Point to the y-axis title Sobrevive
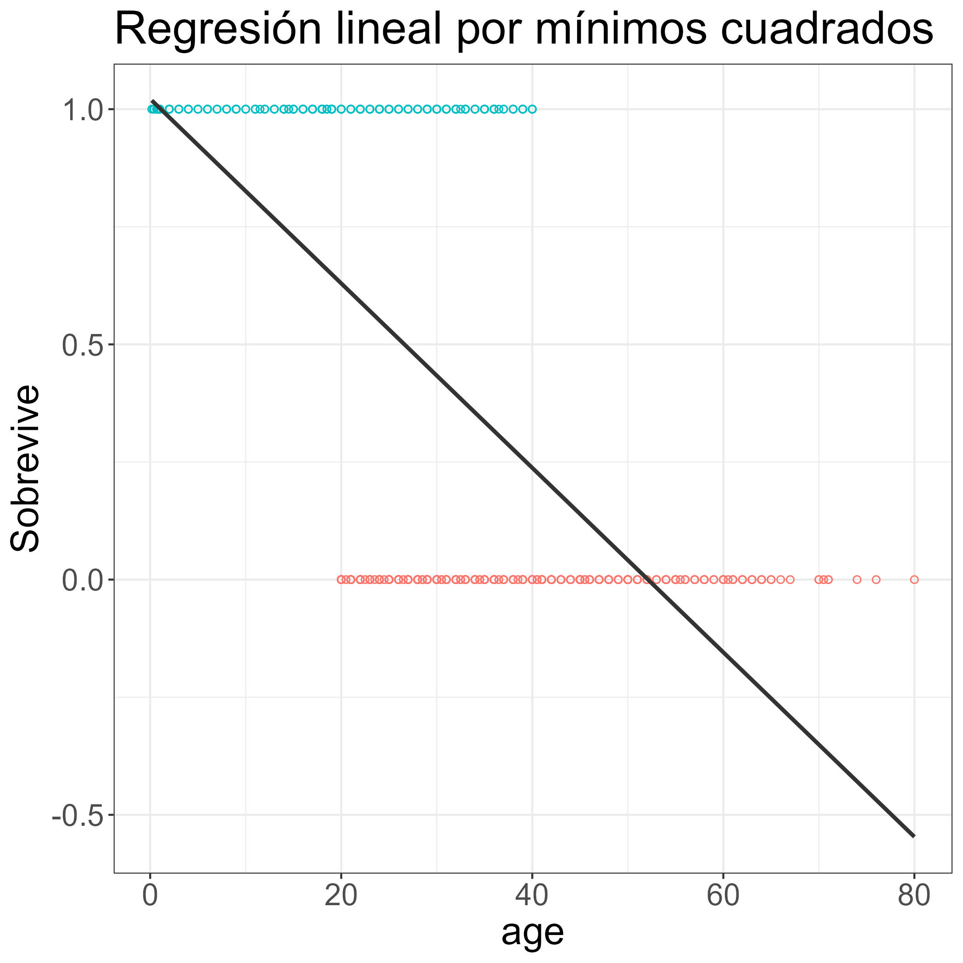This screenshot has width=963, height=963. click(25, 468)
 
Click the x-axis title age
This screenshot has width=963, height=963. click(532, 932)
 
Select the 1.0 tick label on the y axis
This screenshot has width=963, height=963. click(82, 109)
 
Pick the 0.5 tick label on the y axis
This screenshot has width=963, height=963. click(82, 345)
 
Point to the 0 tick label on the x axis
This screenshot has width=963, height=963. click(150, 895)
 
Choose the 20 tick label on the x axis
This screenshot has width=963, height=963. click(341, 895)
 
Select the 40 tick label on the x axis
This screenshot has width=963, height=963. click(532, 895)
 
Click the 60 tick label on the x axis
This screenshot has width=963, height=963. click(723, 895)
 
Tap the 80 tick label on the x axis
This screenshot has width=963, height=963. click(913, 895)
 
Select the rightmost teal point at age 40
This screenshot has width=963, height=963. click(532, 109)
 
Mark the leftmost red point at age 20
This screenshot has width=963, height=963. click(341, 579)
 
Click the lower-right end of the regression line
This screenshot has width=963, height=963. click(913, 836)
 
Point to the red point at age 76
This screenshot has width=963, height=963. click(876, 579)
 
